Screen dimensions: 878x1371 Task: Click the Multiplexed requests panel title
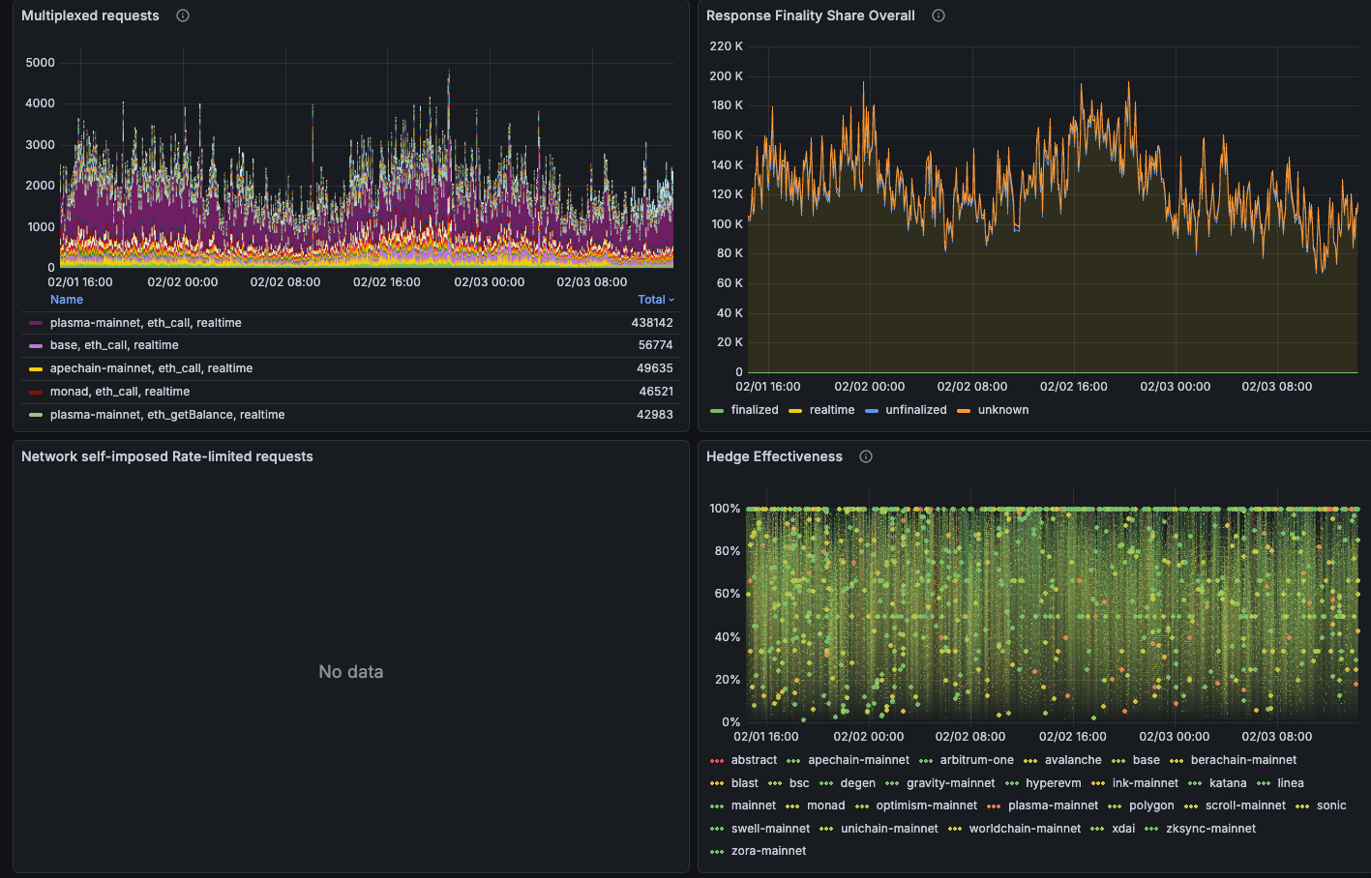tap(90, 15)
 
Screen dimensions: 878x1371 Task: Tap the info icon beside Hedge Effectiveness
tap(866, 456)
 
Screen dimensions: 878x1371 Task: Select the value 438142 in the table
tap(652, 323)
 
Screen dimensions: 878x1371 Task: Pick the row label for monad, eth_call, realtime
tap(120, 392)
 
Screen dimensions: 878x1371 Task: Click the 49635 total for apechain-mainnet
tap(655, 368)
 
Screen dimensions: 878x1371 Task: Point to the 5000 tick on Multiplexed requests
tap(41, 63)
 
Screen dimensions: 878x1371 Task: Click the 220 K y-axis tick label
tap(726, 46)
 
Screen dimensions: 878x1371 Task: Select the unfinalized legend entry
tap(915, 410)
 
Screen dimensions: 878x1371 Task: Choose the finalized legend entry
tap(755, 410)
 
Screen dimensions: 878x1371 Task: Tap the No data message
tap(351, 671)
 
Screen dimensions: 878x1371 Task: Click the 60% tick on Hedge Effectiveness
tap(725, 594)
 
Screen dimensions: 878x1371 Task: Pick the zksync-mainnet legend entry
tap(1210, 829)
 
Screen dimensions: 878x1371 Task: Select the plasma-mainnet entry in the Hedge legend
tap(1053, 805)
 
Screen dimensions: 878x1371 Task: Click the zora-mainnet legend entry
tap(768, 851)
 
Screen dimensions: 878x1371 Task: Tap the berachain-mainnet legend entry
tap(1243, 760)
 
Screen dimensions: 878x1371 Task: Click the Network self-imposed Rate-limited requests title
tap(167, 456)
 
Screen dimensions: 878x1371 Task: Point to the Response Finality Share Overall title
tap(811, 15)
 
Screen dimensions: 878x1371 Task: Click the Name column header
tap(67, 300)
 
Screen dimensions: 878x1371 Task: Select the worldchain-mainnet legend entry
tap(1025, 829)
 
